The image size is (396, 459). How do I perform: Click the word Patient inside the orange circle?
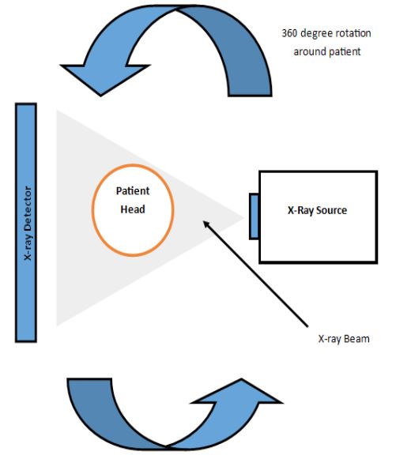click(133, 191)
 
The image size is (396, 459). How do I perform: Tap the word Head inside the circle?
click(133, 209)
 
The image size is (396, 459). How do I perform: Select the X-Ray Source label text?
click(317, 210)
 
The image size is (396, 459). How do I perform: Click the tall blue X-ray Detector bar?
click(26, 223)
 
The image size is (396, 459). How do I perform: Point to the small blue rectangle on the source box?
click(255, 216)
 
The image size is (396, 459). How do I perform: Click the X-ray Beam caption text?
click(344, 339)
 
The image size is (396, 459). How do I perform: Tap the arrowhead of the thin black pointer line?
click(206, 224)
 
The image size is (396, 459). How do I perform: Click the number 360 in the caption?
click(289, 33)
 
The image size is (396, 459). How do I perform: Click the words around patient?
click(327, 51)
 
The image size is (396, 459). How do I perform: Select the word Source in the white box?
click(331, 210)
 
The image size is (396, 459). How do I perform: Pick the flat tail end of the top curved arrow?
click(250, 95)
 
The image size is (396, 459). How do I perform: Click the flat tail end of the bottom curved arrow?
click(89, 378)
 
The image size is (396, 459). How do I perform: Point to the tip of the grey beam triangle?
click(243, 218)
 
